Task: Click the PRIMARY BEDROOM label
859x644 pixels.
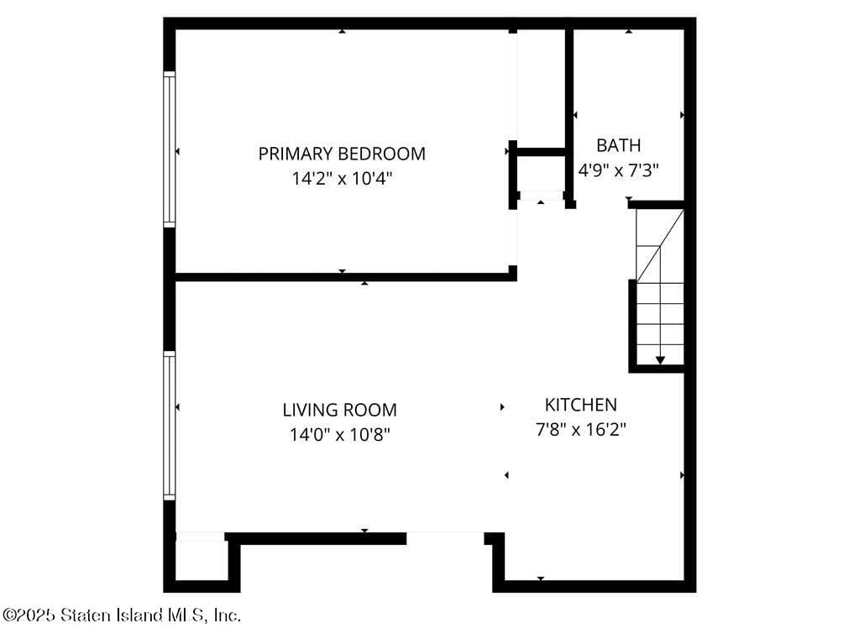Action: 342,154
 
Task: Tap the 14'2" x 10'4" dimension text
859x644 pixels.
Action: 342,178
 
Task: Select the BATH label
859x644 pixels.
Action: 619,145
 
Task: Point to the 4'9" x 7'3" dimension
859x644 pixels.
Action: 619,170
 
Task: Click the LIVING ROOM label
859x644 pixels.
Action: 339,411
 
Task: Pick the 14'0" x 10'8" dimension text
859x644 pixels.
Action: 339,435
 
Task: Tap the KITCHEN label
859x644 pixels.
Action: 581,405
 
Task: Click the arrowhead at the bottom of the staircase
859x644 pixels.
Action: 660,360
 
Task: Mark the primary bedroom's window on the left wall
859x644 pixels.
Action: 170,149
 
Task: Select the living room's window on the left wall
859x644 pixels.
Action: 170,426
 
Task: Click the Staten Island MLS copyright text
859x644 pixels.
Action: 122,615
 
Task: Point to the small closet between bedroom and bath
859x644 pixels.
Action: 540,175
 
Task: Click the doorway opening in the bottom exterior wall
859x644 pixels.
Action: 445,537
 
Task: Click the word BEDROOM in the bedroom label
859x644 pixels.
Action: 382,154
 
